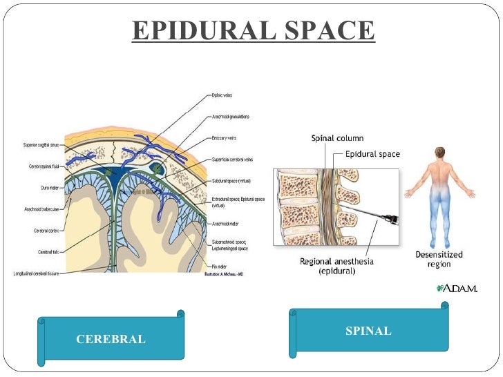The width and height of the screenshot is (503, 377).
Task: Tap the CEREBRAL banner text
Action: pyautogui.click(x=111, y=339)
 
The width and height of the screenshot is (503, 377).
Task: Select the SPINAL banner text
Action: pyautogui.click(x=368, y=331)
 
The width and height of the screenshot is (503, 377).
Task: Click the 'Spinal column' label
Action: pyautogui.click(x=336, y=138)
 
